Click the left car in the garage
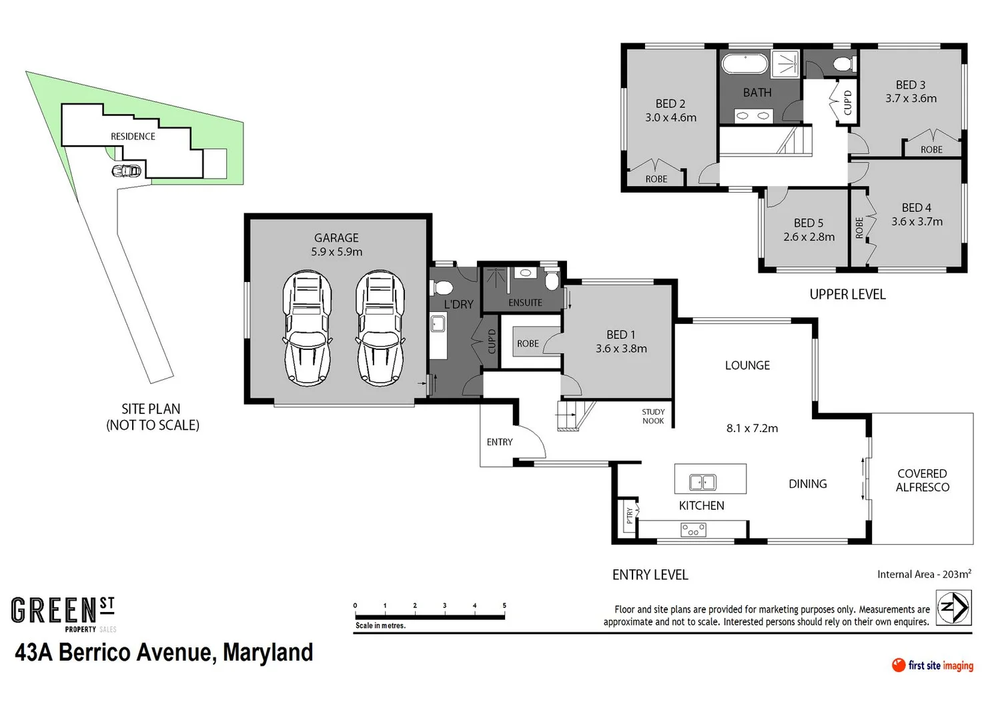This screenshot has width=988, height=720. pos(307,328)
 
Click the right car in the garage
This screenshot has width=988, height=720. pos(380,328)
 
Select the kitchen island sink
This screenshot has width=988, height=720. pos(702,481)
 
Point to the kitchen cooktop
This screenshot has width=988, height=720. pos(693,530)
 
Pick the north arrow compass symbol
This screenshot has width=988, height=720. pos(953,608)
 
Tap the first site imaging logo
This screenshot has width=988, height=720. pos(932,665)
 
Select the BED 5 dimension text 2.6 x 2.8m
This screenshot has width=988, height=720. pos(809,237)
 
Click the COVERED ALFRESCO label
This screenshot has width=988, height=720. pos(922,480)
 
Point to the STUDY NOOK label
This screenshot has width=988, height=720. pos(653,416)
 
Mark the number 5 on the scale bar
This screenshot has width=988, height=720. pos(504,605)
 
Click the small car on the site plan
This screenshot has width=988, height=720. pos(127,171)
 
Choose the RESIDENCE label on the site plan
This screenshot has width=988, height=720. pos(133,136)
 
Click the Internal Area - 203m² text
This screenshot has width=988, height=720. pos(924,574)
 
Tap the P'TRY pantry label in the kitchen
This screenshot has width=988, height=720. pos(628,515)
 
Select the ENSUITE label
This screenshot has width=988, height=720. pos(525,303)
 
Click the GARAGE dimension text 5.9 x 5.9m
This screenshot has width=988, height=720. pos(336,252)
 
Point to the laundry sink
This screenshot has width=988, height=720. pos(438,325)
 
